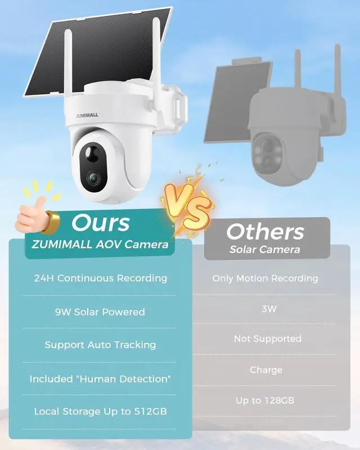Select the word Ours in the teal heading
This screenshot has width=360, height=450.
pyautogui.click(x=100, y=223)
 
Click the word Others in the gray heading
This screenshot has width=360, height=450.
pyautogui.click(x=265, y=231)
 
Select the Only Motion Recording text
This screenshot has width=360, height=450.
pyautogui.click(x=265, y=278)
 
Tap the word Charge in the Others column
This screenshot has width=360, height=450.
pyautogui.click(x=266, y=370)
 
